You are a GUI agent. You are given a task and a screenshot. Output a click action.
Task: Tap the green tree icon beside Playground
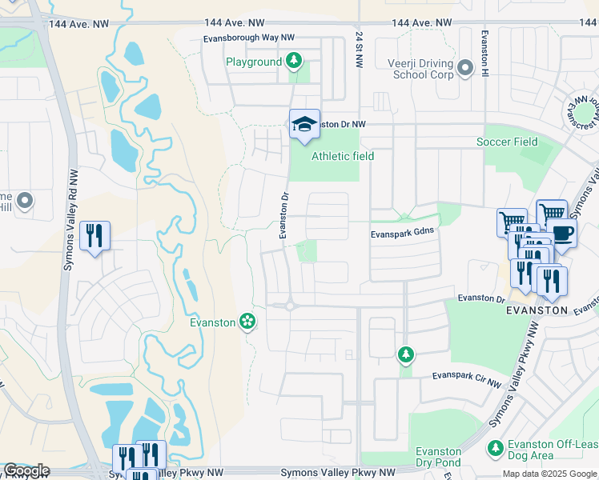pyautogui.click(x=294, y=61)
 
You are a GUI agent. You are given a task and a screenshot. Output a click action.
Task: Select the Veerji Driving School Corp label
pyautogui.click(x=423, y=69)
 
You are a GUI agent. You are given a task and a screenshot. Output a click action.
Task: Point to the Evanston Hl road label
pyautogui.click(x=484, y=51)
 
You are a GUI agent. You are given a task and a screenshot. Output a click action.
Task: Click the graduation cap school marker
pyautogui.click(x=304, y=124)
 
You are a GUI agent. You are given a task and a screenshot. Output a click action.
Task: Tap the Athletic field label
pyautogui.click(x=342, y=156)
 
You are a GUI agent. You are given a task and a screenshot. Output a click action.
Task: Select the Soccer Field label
pyautogui.click(x=506, y=142)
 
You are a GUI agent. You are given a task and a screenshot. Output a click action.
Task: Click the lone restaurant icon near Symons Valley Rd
pyautogui.click(x=95, y=235)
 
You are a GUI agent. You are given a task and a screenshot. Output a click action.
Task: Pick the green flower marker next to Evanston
pyautogui.click(x=247, y=322)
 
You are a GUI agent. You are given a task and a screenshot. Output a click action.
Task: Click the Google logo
pyautogui.click(x=26, y=470)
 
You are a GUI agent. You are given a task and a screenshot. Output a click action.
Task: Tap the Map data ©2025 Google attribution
pyautogui.click(x=548, y=474)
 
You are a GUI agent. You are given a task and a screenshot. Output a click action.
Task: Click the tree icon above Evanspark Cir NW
pyautogui.click(x=406, y=354)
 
